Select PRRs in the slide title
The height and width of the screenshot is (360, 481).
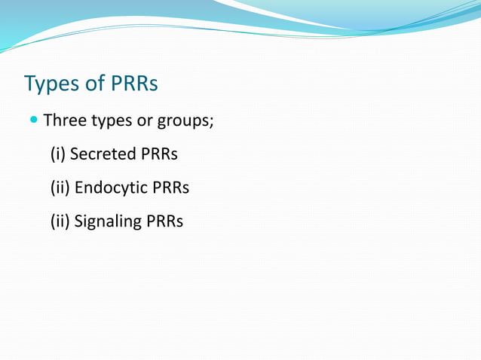(134, 83)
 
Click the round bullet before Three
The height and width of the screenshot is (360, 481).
(35, 120)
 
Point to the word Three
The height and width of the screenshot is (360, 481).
(65, 121)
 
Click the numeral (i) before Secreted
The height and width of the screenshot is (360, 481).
(58, 154)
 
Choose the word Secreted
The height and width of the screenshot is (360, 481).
(103, 154)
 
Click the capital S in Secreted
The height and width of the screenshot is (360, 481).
(75, 154)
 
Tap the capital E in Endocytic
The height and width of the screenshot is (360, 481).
(79, 188)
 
